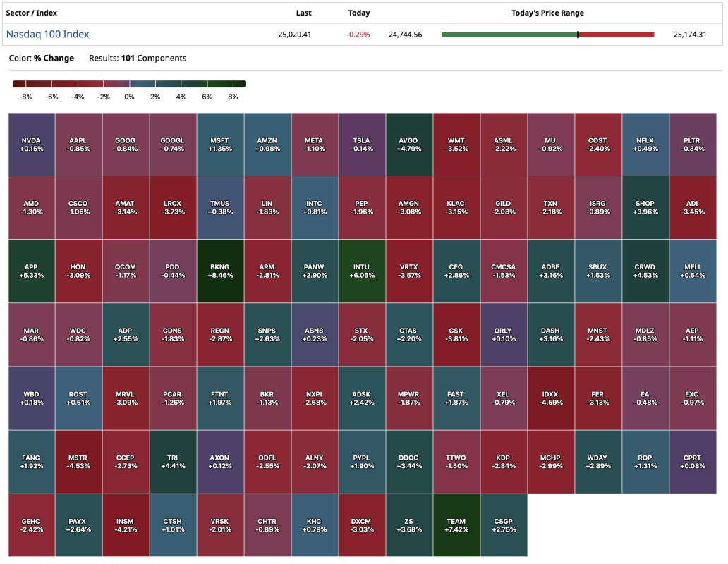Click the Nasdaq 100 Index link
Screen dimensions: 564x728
point(47,34)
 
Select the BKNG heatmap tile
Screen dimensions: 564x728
point(220,271)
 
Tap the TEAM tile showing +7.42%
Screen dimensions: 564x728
point(456,525)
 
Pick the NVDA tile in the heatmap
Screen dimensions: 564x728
point(32,144)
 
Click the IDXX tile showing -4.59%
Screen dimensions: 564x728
point(550,398)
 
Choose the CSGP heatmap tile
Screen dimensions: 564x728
point(503,525)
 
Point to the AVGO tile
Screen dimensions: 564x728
point(408,144)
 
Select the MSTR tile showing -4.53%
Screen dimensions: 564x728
point(78,462)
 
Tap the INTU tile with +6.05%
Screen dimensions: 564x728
point(361,271)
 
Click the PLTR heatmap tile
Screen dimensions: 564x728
point(692,144)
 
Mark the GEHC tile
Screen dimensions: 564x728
point(32,525)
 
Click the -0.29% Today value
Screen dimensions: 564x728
point(358,35)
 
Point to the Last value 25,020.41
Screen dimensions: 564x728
point(295,35)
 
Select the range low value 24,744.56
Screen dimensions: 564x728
point(405,35)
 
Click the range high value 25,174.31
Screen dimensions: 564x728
point(690,35)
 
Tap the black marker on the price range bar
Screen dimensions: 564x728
point(578,34)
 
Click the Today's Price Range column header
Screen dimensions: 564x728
point(547,13)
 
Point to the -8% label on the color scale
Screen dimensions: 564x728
point(27,97)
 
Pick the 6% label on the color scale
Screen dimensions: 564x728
point(207,97)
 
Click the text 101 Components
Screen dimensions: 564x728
point(154,58)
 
